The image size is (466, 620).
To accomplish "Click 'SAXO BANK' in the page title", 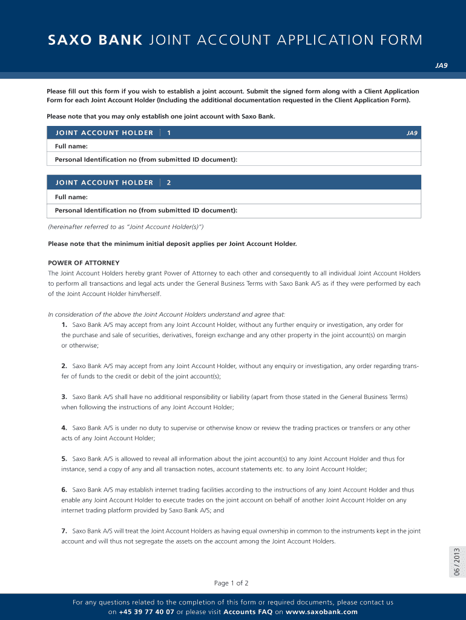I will click(95, 41).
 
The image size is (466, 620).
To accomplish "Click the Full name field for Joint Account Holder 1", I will click(242, 146).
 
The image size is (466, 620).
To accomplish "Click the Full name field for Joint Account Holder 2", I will click(242, 197).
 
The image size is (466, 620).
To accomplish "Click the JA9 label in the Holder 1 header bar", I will click(412, 133).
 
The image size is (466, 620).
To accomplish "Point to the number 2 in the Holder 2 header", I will click(168, 182).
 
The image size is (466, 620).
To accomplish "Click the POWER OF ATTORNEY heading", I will click(84, 263).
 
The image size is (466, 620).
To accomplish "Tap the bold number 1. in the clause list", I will click(64, 325).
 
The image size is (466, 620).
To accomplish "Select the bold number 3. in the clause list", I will click(64, 397).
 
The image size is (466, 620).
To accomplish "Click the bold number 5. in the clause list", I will click(64, 459).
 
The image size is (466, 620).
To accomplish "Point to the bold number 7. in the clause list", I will click(64, 531).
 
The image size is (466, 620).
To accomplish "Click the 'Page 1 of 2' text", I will click(231, 583).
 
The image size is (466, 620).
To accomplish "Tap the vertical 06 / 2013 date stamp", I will click(457, 561).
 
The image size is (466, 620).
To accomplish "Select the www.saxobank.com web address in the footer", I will click(321, 612).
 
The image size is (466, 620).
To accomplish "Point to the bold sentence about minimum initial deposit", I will click(172, 244).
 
